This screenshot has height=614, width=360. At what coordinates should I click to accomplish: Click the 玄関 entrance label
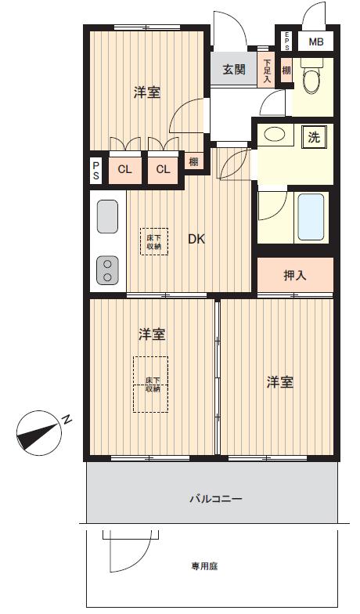click(235, 70)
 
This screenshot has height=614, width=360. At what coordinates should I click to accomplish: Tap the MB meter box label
click(316, 42)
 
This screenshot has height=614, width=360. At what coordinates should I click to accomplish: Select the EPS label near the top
click(286, 41)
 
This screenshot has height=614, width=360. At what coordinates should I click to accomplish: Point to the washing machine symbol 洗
click(314, 138)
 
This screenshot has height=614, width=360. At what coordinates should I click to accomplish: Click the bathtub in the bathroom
click(311, 217)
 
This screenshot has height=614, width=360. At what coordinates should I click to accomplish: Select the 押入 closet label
click(294, 276)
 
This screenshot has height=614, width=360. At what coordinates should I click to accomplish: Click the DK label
click(196, 240)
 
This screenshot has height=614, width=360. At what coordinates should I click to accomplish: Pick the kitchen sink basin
click(107, 216)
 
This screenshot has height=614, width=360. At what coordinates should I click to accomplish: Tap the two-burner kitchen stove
click(107, 270)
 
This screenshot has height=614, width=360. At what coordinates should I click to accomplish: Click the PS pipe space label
click(95, 171)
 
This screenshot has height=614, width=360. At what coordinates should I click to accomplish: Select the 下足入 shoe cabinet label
click(268, 70)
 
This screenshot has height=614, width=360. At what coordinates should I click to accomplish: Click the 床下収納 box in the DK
click(154, 241)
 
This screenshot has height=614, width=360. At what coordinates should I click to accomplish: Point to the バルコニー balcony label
click(216, 499)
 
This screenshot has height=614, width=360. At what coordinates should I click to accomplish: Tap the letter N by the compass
click(67, 419)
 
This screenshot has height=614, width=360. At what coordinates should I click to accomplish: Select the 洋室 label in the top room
click(147, 92)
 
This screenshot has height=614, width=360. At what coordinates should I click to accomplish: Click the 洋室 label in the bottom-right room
click(280, 382)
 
